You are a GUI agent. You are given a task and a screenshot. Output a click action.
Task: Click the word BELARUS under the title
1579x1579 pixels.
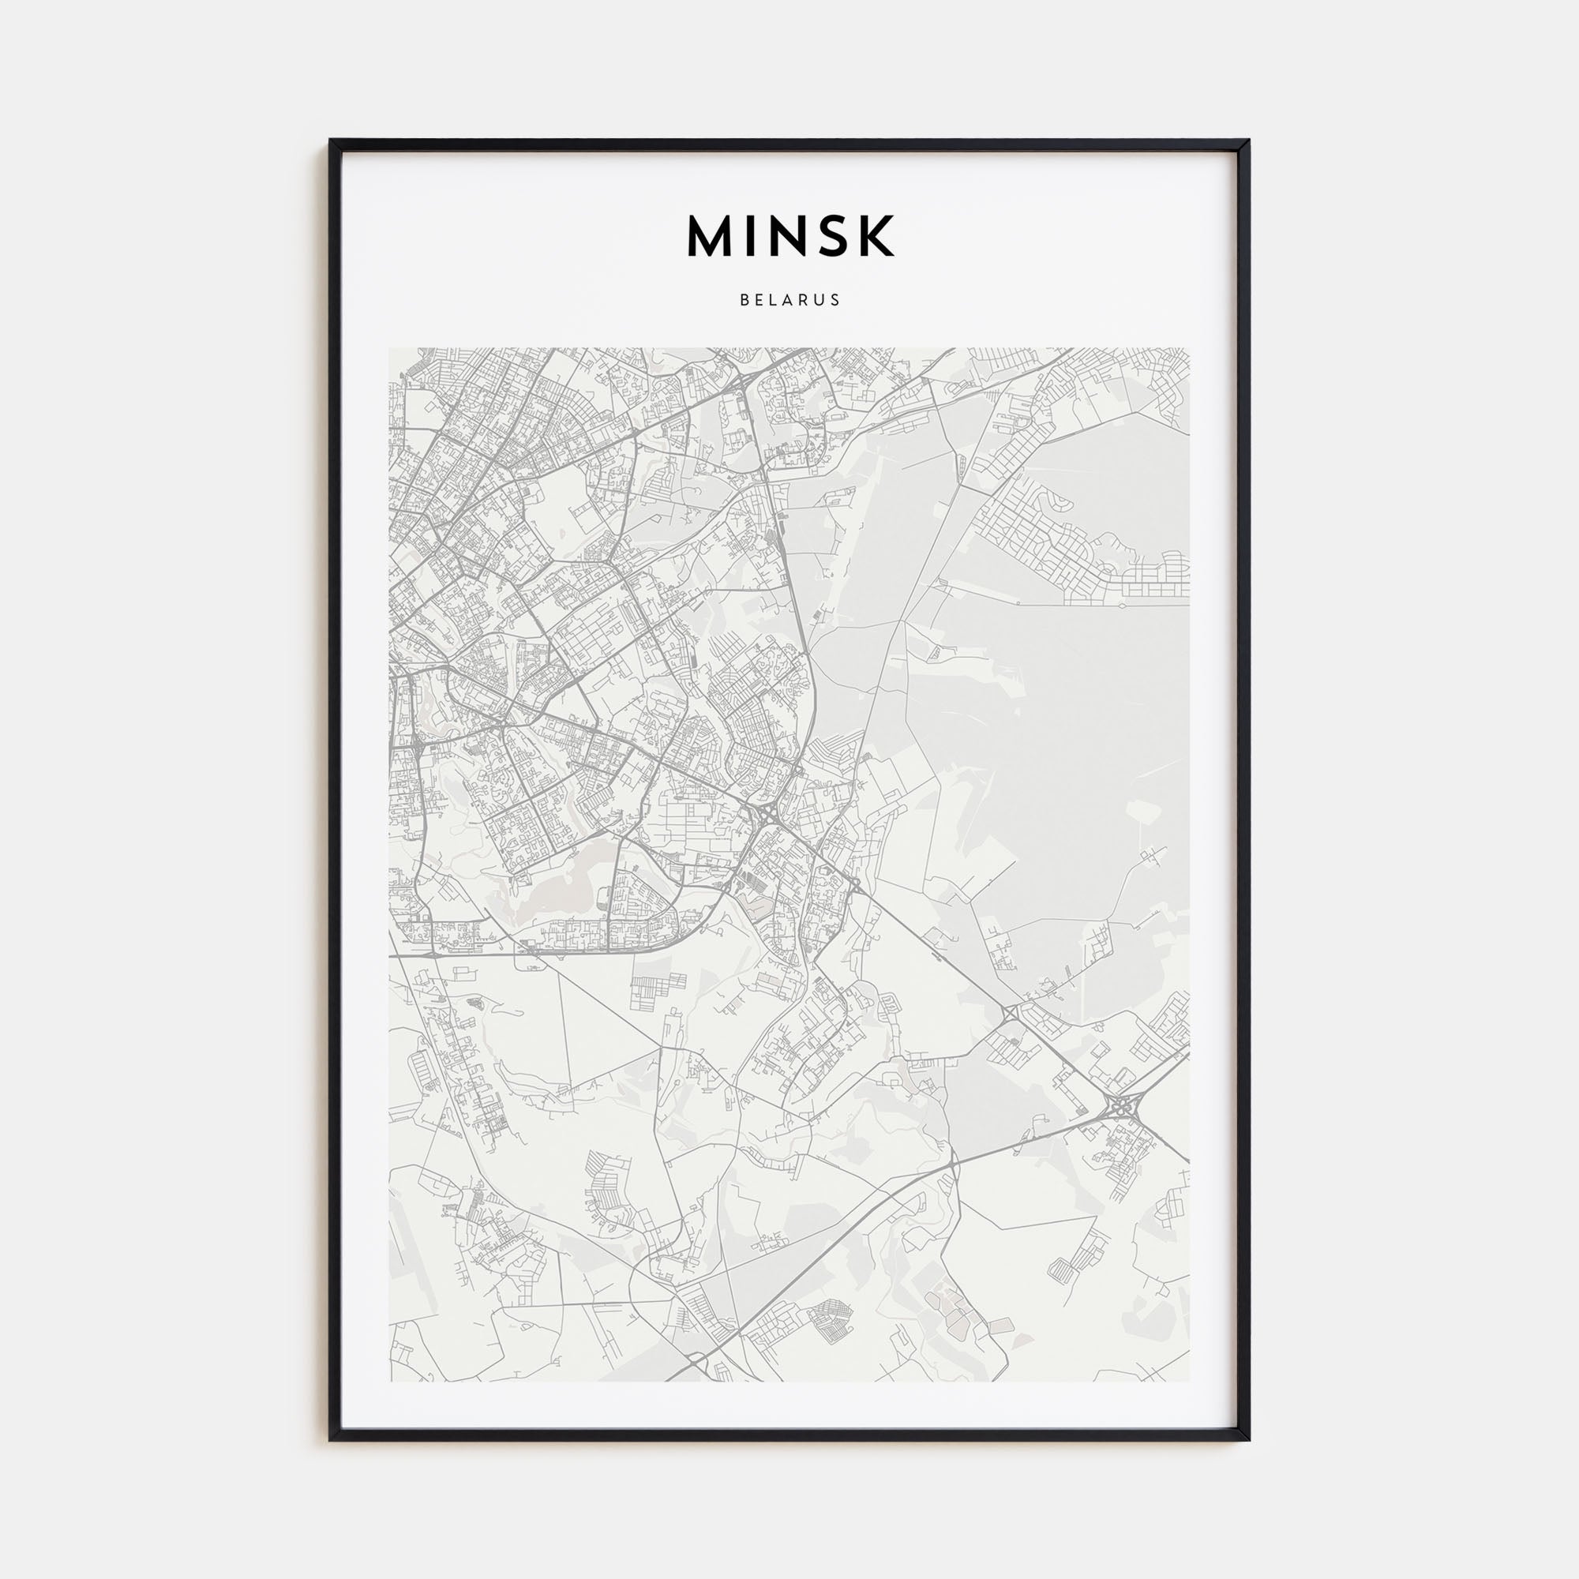[x=789, y=300]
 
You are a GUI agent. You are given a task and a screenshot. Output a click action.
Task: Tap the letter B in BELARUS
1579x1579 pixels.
[x=744, y=300]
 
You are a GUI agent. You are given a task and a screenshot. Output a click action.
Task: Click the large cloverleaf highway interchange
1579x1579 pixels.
[x=1118, y=1108]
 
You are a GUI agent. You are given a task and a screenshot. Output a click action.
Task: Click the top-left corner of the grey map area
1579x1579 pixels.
[x=390, y=349]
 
